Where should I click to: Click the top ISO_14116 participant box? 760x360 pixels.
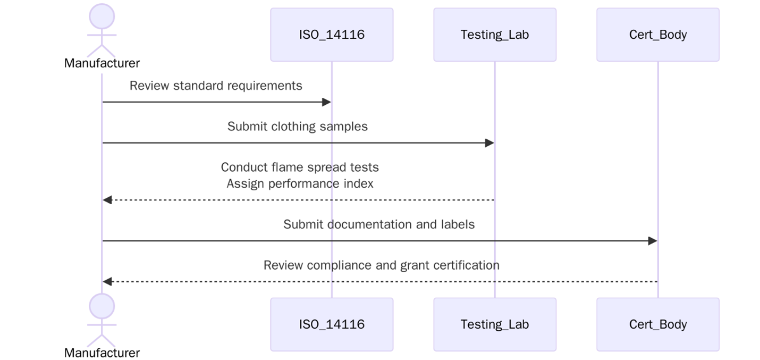point(332,35)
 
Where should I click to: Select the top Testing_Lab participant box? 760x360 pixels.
point(494,35)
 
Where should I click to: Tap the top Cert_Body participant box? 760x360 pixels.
point(657,35)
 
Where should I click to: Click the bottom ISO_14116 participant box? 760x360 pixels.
point(332,324)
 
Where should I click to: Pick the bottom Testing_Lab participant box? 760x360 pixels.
point(494,324)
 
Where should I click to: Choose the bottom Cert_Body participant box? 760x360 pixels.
point(657,324)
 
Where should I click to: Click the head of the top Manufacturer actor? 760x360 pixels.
point(102,16)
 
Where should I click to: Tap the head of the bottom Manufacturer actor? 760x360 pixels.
point(102,306)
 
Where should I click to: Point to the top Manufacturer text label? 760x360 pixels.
point(102,63)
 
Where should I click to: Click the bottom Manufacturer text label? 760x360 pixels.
point(102,353)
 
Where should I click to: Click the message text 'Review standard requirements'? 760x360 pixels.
point(216,86)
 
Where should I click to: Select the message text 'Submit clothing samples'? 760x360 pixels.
point(298,127)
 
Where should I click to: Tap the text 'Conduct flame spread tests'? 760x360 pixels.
point(300,168)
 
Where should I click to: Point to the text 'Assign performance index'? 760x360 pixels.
point(300,183)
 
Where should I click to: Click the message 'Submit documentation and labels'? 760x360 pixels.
point(379,224)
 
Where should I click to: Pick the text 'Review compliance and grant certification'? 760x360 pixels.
point(381,265)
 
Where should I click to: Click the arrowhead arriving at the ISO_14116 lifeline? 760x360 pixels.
point(327,102)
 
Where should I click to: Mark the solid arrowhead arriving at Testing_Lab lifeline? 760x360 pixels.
point(489,143)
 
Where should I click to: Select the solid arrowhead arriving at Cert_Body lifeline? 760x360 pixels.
point(653,241)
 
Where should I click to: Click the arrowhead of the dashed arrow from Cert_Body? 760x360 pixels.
point(107,281)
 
